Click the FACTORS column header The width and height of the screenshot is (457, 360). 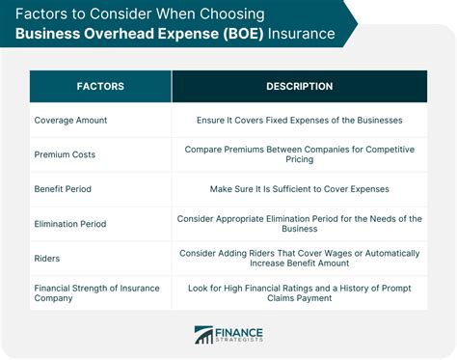tap(99, 87)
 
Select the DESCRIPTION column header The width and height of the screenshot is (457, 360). tap(299, 87)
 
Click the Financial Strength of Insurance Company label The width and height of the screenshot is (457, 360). tap(95, 293)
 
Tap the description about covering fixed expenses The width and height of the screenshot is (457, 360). tap(299, 121)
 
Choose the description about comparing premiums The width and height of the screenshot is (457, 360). tap(299, 154)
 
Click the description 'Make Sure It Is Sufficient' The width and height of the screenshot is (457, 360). tap(299, 190)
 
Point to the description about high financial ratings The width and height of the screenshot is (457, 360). tap(299, 293)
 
